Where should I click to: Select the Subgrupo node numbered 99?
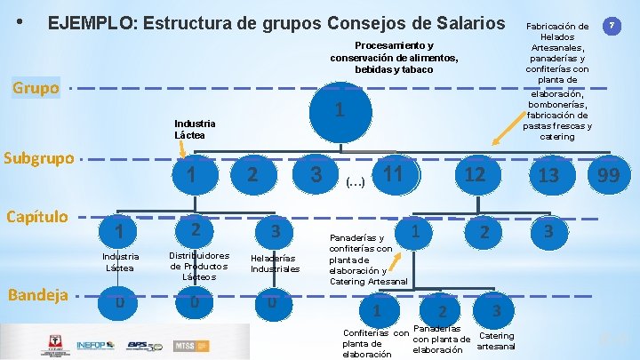[x=608, y=176]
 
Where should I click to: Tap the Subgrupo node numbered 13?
[x=548, y=176]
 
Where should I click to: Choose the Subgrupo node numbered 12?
[x=476, y=174]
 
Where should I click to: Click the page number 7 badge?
[x=612, y=26]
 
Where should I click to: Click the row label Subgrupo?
[x=39, y=158]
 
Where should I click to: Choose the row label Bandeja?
[x=36, y=294]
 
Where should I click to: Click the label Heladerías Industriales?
[x=276, y=262]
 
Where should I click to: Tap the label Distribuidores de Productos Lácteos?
[x=199, y=266]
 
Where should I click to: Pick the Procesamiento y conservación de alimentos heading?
[x=394, y=57]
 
